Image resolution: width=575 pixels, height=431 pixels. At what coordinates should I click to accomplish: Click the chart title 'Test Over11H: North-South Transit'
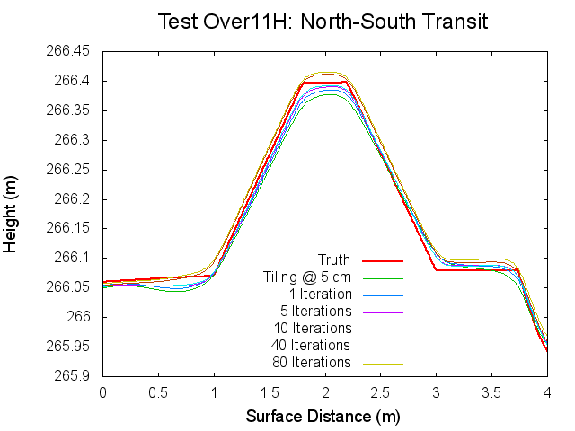tap(323, 22)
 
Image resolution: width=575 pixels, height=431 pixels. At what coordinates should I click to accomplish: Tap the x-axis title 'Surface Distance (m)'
tap(323, 417)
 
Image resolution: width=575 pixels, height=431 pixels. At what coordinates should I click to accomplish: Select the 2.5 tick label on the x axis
tap(381, 392)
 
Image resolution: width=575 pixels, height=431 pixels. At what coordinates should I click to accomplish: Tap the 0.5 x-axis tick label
tap(158, 392)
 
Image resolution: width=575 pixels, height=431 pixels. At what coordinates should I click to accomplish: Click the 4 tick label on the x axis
tap(547, 392)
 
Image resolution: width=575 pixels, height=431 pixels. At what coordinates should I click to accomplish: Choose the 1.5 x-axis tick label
tap(270, 392)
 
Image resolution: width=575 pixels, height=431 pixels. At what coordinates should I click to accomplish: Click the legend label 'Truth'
tap(334, 260)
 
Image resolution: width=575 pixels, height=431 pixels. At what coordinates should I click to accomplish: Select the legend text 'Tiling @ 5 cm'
tap(306, 277)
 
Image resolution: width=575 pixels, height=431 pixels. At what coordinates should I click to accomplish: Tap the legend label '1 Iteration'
tap(320, 295)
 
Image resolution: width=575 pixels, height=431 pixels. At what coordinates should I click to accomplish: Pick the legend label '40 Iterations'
tap(311, 346)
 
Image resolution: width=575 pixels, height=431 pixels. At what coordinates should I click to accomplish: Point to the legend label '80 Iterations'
tap(311, 363)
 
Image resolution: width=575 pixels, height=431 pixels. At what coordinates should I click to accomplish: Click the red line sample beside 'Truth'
tap(382, 260)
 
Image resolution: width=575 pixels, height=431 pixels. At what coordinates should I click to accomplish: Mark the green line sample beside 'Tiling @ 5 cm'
tap(382, 277)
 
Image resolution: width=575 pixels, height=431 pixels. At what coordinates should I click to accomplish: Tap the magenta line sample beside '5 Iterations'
tap(382, 312)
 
